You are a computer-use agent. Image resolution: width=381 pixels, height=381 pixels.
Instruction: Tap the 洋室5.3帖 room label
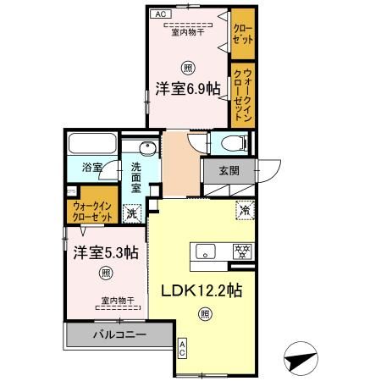tap(105, 251)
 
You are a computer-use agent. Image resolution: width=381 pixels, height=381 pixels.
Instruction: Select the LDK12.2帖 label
tap(202, 290)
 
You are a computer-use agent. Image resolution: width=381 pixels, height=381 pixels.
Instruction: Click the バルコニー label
tap(119, 335)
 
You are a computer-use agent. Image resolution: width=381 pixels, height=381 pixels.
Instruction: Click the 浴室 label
tap(91, 168)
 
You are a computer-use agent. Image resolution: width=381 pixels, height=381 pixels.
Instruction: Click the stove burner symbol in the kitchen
tap(242, 251)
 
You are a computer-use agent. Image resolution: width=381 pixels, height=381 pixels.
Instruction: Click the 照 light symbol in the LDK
tap(204, 314)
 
